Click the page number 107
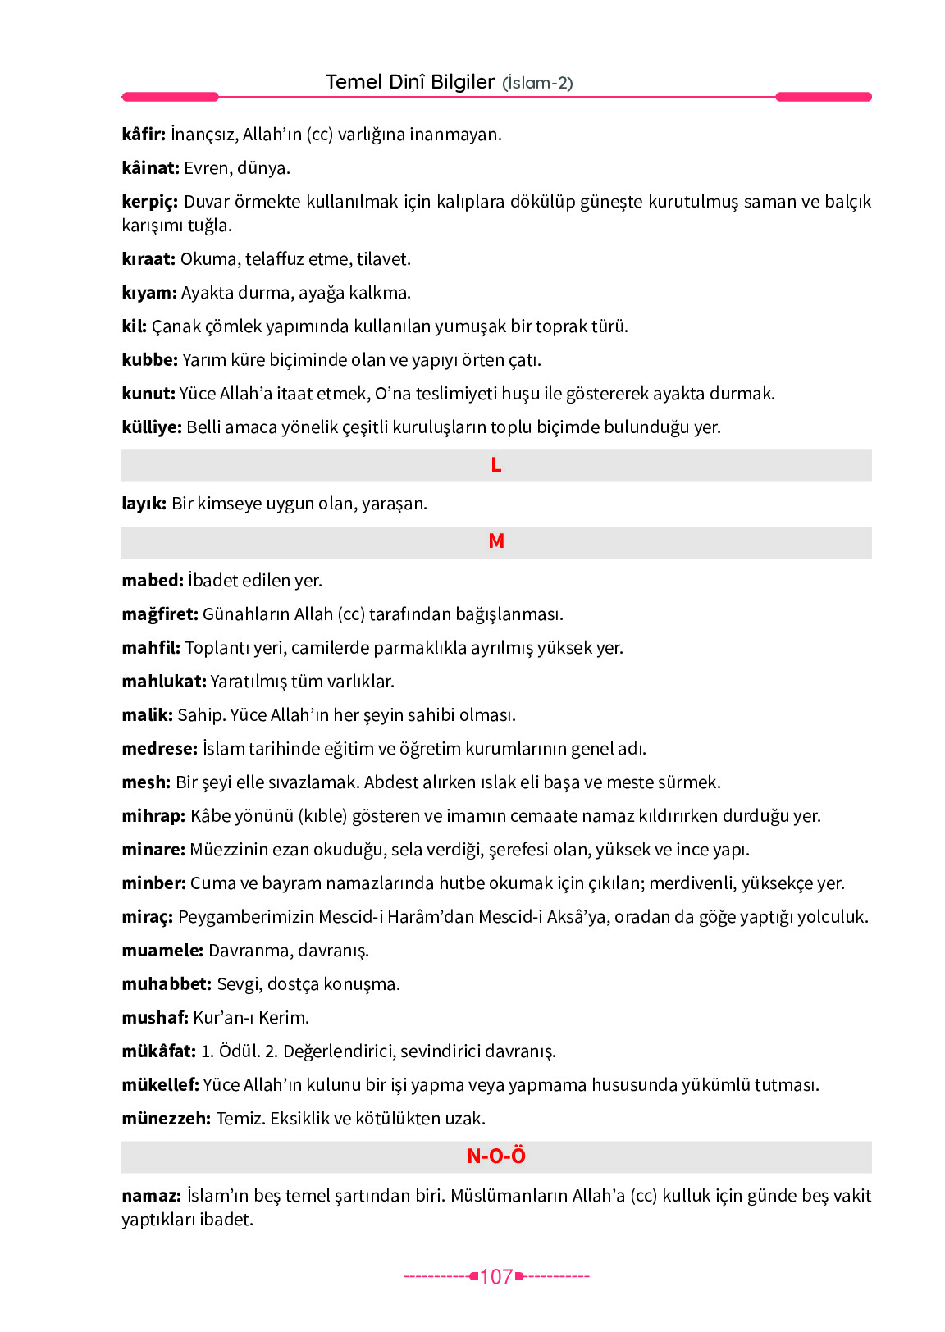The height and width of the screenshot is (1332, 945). coord(496,1276)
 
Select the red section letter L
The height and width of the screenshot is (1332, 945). coord(496,465)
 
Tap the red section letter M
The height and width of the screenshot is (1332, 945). coord(496,541)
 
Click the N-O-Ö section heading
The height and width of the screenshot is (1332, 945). coord(496,1156)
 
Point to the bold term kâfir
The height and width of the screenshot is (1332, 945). coord(144,134)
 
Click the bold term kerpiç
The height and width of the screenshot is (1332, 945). coord(149,202)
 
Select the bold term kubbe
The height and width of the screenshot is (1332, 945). coord(149,359)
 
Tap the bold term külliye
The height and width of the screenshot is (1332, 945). coord(151,427)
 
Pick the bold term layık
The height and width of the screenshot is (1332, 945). coord(144,504)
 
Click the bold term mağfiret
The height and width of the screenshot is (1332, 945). coord(160,614)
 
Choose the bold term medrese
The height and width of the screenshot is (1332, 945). coord(159,748)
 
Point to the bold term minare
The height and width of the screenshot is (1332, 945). coord(153,849)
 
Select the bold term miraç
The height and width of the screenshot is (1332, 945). coord(148,917)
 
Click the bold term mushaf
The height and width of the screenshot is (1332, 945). coord(155,1017)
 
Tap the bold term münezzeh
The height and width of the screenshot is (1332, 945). coord(166,1118)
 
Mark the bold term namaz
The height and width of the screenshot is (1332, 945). coord(151,1195)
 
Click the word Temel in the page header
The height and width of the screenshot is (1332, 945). coord(354,82)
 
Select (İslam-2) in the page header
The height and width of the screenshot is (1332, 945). coord(537,83)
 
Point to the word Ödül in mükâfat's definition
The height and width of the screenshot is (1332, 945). coord(238,1051)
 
